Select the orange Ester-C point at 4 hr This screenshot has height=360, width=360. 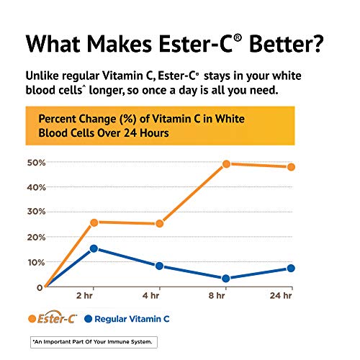click(x=159, y=224)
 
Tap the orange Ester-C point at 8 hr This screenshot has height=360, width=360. click(x=225, y=164)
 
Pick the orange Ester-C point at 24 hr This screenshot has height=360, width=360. click(x=291, y=167)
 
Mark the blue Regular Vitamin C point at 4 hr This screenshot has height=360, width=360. click(x=159, y=266)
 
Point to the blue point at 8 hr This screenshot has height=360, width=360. click(x=225, y=278)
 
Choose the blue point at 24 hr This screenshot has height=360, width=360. click(x=291, y=268)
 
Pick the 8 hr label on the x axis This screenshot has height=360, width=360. click(x=225, y=297)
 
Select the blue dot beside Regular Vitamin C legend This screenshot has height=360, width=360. click(x=90, y=318)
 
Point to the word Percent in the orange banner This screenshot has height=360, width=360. click(x=61, y=118)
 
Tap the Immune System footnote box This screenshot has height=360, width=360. click(x=92, y=341)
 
